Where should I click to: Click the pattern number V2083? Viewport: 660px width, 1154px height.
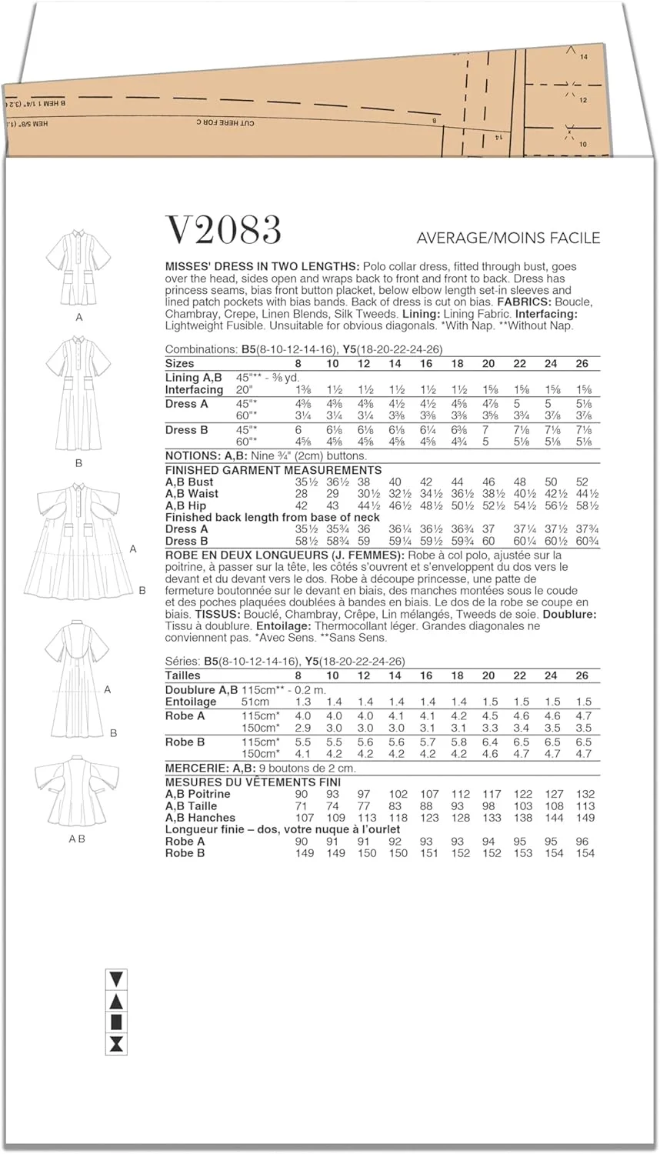coord(223,230)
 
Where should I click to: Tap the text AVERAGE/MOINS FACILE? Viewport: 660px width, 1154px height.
coord(508,238)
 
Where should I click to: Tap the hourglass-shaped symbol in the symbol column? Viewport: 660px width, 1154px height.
coord(116,1043)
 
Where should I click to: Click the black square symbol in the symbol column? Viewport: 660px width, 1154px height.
coord(116,1022)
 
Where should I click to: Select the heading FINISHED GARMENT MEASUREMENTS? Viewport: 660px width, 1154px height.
coord(273,470)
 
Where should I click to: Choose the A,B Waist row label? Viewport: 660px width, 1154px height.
coord(192,494)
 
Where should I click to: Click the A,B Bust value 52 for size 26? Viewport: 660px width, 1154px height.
coord(583,482)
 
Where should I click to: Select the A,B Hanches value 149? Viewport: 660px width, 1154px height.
coord(585,818)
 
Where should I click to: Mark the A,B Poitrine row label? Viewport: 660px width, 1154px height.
coord(198,794)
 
